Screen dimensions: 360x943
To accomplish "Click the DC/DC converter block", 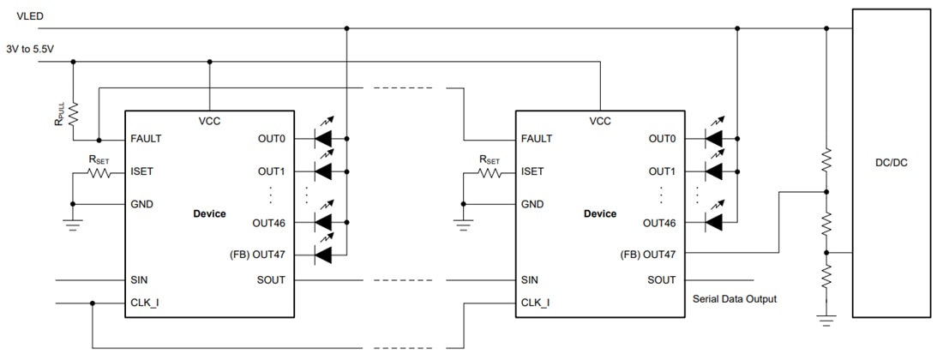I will point(891,163).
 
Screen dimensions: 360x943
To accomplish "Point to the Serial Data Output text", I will point(734,299).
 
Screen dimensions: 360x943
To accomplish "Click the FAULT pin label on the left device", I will point(147,139).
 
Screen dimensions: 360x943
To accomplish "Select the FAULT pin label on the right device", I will point(537,139).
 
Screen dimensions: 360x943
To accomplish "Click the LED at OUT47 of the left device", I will point(323,255).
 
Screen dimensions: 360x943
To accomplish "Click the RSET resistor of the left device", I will point(99,172).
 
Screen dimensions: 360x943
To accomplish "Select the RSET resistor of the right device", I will point(490,172).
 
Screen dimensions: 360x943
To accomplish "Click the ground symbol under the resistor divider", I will point(826,321).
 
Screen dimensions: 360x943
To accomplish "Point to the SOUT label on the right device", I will point(661,279).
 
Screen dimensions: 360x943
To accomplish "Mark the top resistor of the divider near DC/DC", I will point(826,159).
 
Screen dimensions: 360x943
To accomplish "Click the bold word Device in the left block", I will point(210,213).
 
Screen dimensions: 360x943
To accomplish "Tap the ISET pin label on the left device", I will point(143,171).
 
